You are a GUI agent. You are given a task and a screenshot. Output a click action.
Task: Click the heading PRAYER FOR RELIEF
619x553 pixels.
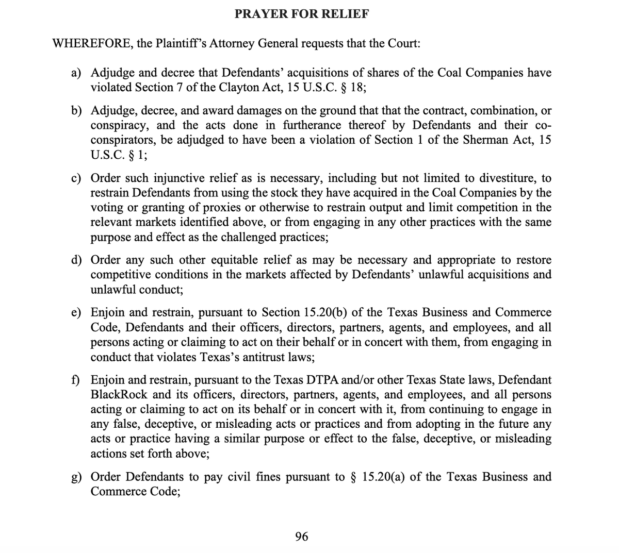[302, 14]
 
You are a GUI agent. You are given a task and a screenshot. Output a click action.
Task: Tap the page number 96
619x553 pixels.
[302, 537]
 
